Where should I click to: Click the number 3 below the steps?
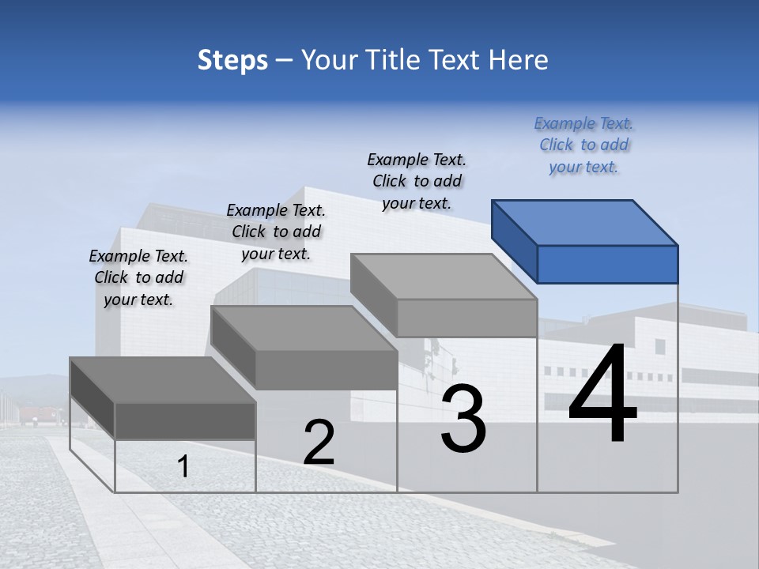click(463, 418)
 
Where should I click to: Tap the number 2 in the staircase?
click(319, 443)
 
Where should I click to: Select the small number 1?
click(183, 467)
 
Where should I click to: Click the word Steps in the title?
click(232, 60)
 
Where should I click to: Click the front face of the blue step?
click(607, 264)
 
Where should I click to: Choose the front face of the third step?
click(466, 318)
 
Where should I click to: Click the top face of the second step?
click(304, 329)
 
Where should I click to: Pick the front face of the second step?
click(326, 370)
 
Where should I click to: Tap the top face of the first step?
click(163, 380)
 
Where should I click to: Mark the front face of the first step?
click(185, 420)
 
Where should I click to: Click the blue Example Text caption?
click(583, 145)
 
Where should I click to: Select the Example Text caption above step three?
click(417, 181)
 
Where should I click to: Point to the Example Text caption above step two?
click(276, 232)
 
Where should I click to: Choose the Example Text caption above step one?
click(138, 277)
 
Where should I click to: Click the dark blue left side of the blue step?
click(515, 241)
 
